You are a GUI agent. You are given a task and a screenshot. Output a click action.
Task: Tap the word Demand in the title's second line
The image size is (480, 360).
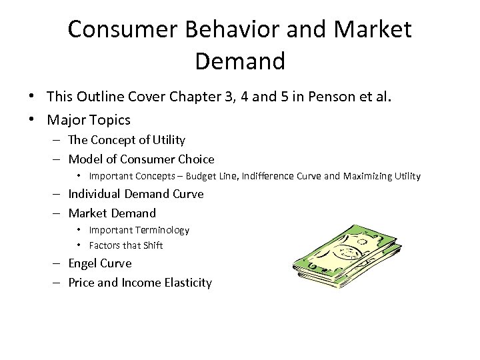(x=240, y=61)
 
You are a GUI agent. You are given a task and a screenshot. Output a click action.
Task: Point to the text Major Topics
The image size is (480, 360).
(x=89, y=120)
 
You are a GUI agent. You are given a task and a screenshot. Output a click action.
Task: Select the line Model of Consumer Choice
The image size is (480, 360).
(x=141, y=159)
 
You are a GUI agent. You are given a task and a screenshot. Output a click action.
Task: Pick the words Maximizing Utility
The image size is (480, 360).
(x=385, y=177)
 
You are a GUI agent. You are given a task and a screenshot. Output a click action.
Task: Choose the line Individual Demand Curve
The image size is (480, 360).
(x=136, y=194)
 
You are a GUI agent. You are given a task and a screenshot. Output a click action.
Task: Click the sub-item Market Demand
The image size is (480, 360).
(x=112, y=213)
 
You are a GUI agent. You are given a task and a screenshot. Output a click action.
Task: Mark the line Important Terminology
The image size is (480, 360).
(x=139, y=230)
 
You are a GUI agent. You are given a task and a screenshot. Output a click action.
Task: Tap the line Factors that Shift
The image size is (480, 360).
(x=125, y=245)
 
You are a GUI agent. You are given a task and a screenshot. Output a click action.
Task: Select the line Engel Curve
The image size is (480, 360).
(x=100, y=263)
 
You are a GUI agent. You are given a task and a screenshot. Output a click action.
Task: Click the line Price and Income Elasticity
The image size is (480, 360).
(x=140, y=283)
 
